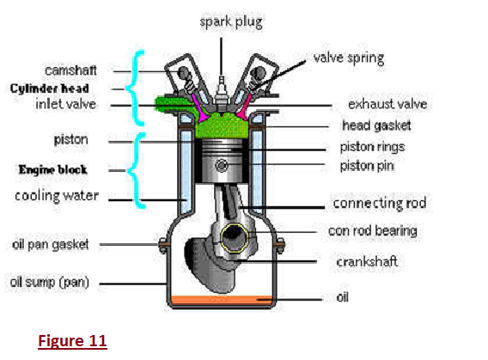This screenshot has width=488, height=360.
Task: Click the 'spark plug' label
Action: pos(231,22)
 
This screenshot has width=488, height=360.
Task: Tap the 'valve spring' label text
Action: pos(349,58)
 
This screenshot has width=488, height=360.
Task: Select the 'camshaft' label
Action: pos(70,70)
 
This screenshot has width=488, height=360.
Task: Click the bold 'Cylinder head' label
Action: pos(50,88)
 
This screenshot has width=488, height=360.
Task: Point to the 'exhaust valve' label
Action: pos(387,104)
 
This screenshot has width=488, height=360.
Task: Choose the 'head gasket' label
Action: pos(376,125)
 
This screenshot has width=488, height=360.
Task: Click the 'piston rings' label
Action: pos(372,147)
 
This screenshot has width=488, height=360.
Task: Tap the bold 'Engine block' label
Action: pos(52,169)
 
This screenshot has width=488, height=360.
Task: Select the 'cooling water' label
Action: pos(57,196)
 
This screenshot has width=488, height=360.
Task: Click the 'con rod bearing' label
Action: pos(373,231)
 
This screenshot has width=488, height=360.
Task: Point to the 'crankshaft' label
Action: pos(367,261)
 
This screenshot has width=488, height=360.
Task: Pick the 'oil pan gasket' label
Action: pos(51,245)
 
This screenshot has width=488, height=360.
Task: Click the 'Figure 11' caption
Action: pos(72,341)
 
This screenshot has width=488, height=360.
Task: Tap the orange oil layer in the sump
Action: pos(222,300)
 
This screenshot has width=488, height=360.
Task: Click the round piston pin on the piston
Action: pos(222,166)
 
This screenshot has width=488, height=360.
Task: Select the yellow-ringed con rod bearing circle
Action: pos(234,237)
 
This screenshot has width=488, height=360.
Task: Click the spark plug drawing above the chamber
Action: pos(221,94)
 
